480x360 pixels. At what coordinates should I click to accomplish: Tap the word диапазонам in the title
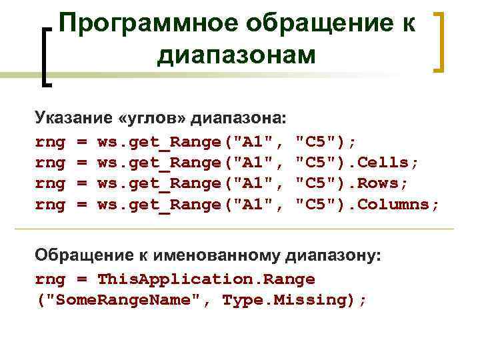pyautogui.click(x=237, y=56)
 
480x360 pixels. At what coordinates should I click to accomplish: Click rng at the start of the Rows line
pyautogui.click(x=50, y=183)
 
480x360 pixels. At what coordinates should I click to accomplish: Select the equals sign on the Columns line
pyautogui.click(x=81, y=205)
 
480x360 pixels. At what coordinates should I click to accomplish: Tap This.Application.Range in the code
pyautogui.click(x=206, y=278)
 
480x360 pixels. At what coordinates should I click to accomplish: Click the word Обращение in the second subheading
pyautogui.click(x=78, y=255)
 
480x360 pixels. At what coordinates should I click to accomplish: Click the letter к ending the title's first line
pyautogui.click(x=409, y=25)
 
